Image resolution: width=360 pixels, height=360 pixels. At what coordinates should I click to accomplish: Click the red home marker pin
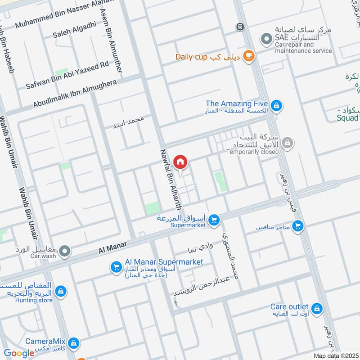[x=180, y=162]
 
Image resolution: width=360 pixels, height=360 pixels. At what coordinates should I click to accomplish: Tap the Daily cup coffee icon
[x=248, y=56]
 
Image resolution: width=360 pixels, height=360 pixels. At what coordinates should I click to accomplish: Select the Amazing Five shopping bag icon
[x=277, y=106]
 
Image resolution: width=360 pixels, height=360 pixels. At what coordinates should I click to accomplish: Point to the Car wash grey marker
[x=65, y=251]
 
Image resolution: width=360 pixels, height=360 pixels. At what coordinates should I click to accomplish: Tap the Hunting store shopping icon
[x=61, y=291]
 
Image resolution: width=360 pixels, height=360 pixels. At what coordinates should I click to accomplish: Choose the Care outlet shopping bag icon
[x=317, y=308]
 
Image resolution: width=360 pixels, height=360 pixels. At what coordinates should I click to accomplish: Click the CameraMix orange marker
[x=74, y=343]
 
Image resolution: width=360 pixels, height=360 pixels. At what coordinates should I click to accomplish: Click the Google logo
[x=19, y=353]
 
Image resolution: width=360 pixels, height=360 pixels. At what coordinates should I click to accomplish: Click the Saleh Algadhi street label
[x=74, y=29]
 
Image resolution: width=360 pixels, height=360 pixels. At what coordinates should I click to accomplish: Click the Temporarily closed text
[x=252, y=152]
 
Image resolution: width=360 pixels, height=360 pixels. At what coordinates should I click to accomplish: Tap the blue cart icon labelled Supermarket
[x=214, y=220]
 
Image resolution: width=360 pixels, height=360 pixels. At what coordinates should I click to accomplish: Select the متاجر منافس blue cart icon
[x=297, y=226]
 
